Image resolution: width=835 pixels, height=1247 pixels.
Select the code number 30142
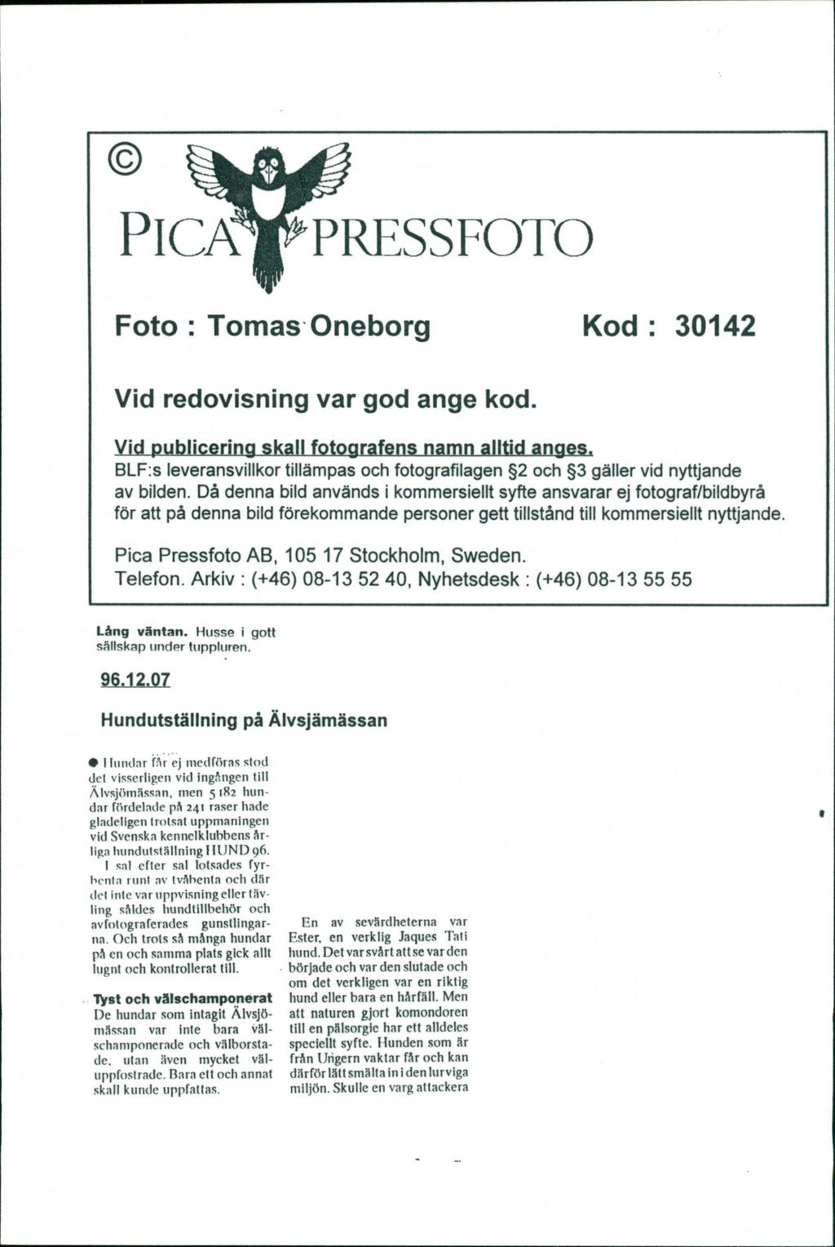714,326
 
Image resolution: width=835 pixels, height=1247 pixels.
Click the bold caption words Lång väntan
130,631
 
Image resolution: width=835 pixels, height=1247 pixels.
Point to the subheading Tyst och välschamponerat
183,999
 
